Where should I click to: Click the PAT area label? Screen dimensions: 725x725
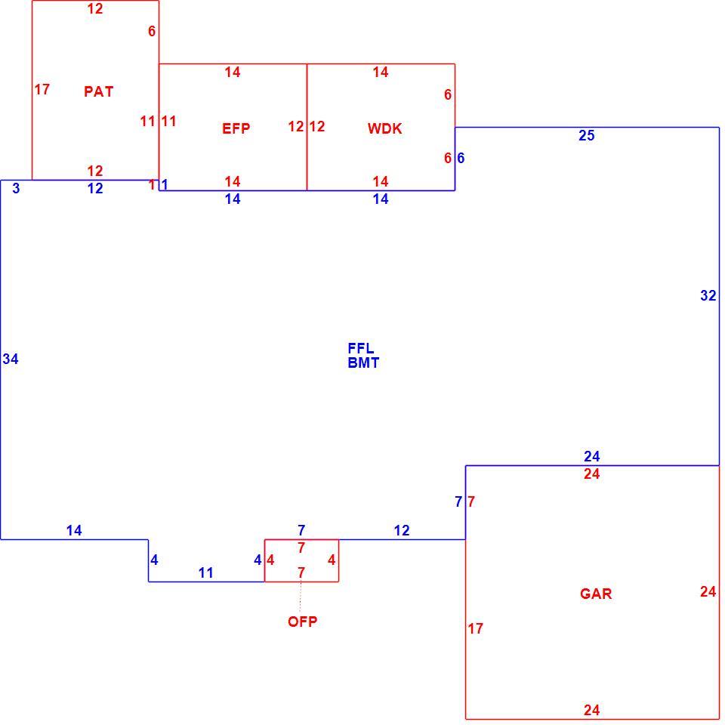pyautogui.click(x=98, y=91)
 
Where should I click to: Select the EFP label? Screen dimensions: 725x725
pyautogui.click(x=236, y=128)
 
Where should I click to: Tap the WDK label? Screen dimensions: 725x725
pyautogui.click(x=384, y=128)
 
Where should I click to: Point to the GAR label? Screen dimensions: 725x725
pyautogui.click(x=596, y=594)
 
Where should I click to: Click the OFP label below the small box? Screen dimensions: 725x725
pyautogui.click(x=302, y=622)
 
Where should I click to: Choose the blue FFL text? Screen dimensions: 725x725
pyautogui.click(x=361, y=347)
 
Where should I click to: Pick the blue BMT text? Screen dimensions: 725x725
pyautogui.click(x=363, y=363)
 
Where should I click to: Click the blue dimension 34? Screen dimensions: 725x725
pyautogui.click(x=11, y=359)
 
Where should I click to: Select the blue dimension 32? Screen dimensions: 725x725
pyautogui.click(x=708, y=295)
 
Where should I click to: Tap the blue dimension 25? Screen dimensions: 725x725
pyautogui.click(x=586, y=135)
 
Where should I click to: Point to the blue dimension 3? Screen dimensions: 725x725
pyautogui.click(x=16, y=188)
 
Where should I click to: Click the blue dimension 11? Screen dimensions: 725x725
pyautogui.click(x=205, y=573)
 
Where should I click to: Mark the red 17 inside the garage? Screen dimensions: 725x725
pyautogui.click(x=475, y=628)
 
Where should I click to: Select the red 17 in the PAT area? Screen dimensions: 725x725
pyautogui.click(x=42, y=89)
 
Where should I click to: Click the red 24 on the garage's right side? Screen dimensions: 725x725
pyautogui.click(x=708, y=591)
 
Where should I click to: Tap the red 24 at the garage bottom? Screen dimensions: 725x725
pyautogui.click(x=591, y=710)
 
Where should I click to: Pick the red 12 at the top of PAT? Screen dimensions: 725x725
pyautogui.click(x=95, y=9)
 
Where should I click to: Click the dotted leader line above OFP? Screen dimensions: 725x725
pyautogui.click(x=301, y=597)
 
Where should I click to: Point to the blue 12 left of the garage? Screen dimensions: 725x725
pyautogui.click(x=402, y=530)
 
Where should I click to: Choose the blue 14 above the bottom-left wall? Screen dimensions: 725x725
pyautogui.click(x=74, y=530)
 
